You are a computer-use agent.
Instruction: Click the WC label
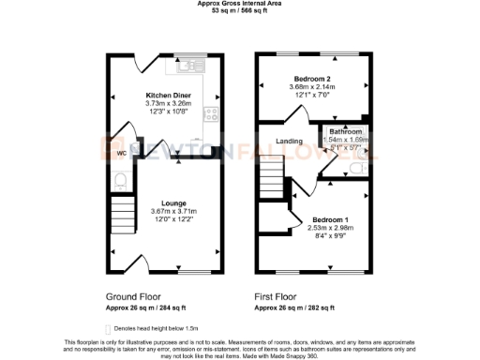click(122, 153)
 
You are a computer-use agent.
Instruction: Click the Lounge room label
click(172, 202)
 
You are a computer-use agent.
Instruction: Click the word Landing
click(287, 142)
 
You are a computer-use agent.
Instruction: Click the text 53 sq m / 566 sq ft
click(240, 11)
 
